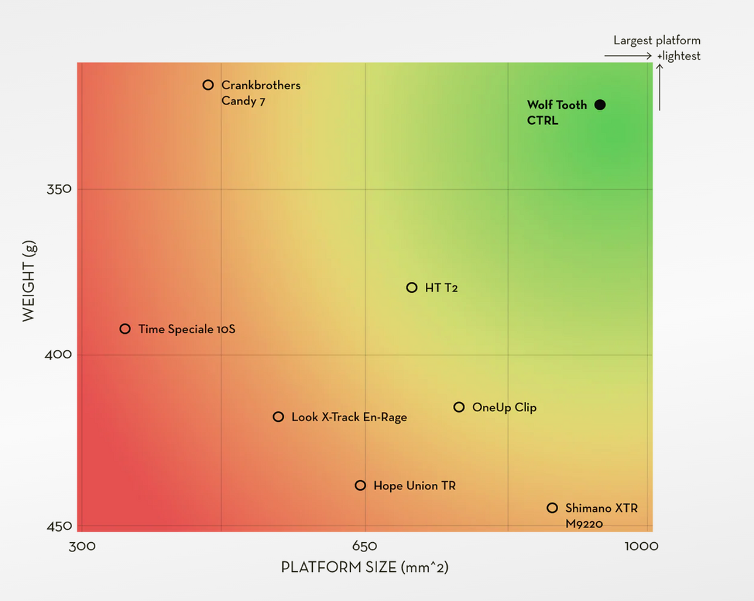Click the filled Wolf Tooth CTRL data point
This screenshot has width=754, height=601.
[x=600, y=104]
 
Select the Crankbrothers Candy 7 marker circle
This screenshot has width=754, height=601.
[x=208, y=85]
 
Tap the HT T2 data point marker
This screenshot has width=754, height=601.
[x=411, y=288]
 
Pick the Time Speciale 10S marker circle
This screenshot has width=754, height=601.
[x=125, y=329]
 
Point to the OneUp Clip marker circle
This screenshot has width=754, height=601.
[x=459, y=407]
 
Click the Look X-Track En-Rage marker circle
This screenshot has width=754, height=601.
[x=278, y=417]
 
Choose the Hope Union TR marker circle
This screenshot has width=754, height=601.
[x=360, y=485]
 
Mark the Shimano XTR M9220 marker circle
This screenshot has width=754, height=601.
[x=552, y=508]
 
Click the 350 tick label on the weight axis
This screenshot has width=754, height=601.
[x=59, y=189]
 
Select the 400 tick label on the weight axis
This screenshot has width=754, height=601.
[x=59, y=354]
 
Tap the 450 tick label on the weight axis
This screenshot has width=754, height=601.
[x=59, y=526]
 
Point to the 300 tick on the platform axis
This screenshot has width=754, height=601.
[x=83, y=546]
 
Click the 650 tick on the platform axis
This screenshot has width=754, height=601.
[x=365, y=546]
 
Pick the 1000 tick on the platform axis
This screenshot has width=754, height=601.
[x=642, y=546]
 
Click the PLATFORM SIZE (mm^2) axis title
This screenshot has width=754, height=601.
[x=364, y=567]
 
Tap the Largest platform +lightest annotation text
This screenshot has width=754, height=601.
[x=657, y=48]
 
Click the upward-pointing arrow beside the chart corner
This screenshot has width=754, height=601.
[x=659, y=86]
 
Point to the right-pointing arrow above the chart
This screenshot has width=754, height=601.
[x=628, y=56]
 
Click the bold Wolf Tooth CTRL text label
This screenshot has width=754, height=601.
[x=556, y=112]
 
